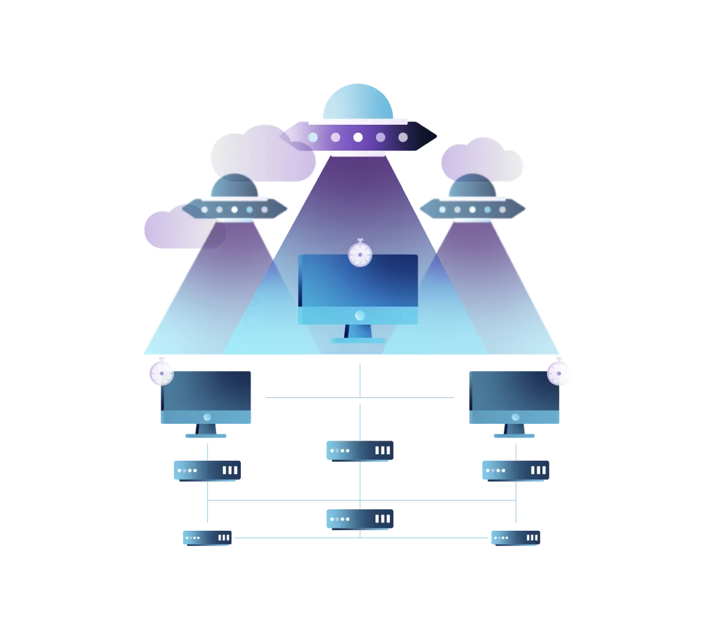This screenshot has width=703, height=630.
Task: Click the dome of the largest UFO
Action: pyautogui.click(x=357, y=102)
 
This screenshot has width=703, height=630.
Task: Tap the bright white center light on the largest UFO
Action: pyautogui.click(x=357, y=137)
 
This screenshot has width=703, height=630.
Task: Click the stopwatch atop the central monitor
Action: pyautogui.click(x=360, y=254)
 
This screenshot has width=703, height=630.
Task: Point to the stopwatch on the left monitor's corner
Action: pyautogui.click(x=161, y=373)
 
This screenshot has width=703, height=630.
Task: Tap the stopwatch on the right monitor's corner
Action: pyautogui.click(x=560, y=373)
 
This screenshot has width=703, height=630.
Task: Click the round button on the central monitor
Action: pyautogui.click(x=359, y=315)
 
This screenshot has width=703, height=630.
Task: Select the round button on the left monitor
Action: pyautogui.click(x=207, y=417)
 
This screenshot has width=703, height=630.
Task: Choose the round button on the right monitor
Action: pyautogui.click(x=515, y=417)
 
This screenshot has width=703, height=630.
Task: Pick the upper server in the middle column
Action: pyautogui.click(x=360, y=451)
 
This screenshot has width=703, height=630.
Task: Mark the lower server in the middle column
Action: pyautogui.click(x=360, y=518)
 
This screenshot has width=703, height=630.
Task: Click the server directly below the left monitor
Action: pyautogui.click(x=207, y=470)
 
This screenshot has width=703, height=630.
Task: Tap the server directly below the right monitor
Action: pyautogui.click(x=515, y=470)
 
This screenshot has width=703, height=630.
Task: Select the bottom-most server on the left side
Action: pyautogui.click(x=207, y=537)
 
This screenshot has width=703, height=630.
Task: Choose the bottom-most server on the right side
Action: pyautogui.click(x=514, y=537)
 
